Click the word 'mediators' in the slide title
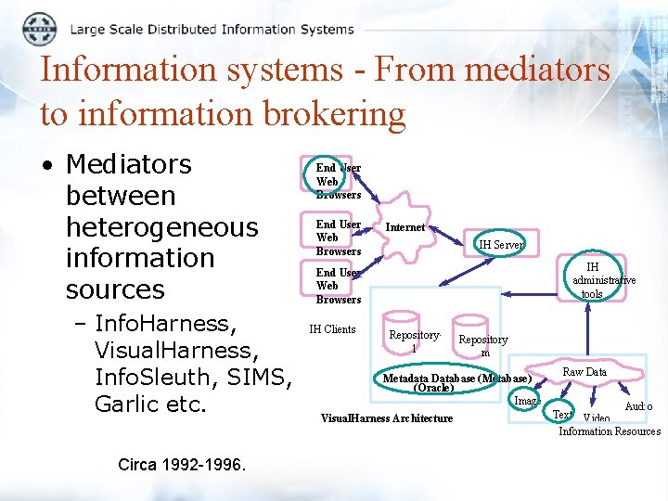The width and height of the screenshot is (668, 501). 538,71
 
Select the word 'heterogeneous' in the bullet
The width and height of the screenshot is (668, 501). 161,227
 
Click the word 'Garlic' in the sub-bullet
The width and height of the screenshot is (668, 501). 129,405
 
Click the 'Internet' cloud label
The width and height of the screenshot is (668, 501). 405,227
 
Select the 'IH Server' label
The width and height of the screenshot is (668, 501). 501,245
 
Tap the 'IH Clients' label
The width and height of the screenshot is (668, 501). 332,329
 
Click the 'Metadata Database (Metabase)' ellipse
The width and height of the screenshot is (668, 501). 456,381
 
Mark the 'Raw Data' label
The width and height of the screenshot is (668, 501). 584,372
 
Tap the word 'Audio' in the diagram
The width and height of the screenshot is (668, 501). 638,406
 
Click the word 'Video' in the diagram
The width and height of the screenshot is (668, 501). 596,418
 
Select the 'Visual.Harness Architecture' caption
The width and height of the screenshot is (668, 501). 387,418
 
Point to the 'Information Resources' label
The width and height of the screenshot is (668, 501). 610,431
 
